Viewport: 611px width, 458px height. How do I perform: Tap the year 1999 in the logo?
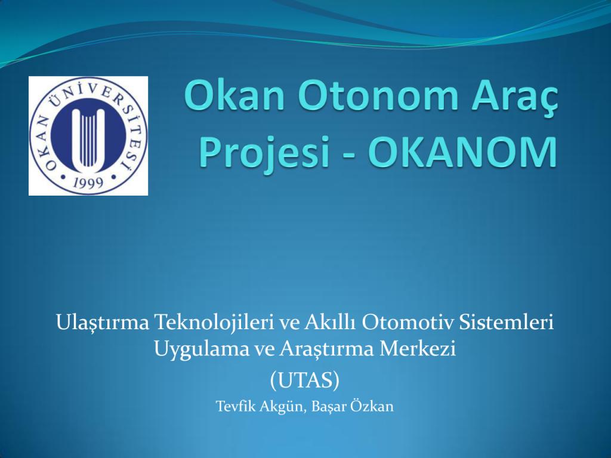click(88, 182)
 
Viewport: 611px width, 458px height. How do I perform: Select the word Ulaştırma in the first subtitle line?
click(103, 323)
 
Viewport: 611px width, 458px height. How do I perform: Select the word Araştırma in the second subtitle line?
click(326, 349)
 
